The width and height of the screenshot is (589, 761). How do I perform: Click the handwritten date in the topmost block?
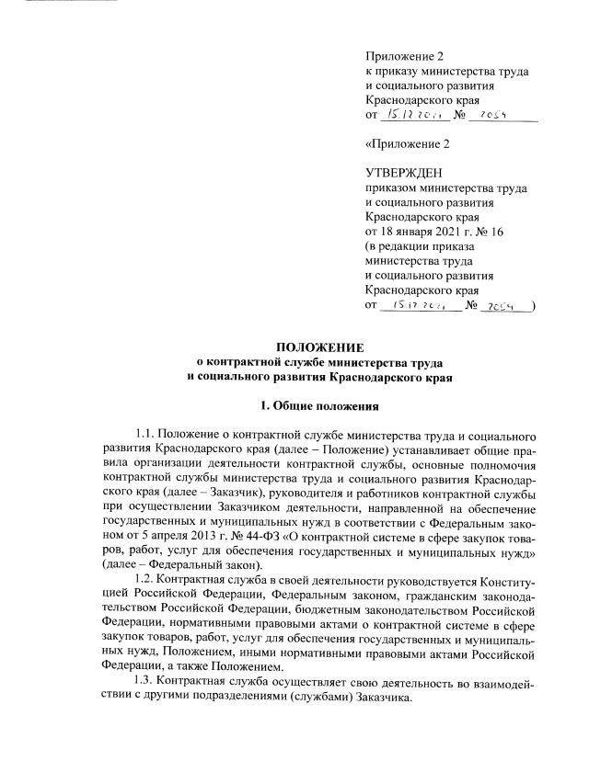[x=416, y=114]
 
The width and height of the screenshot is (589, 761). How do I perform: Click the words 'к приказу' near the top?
[x=392, y=72]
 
